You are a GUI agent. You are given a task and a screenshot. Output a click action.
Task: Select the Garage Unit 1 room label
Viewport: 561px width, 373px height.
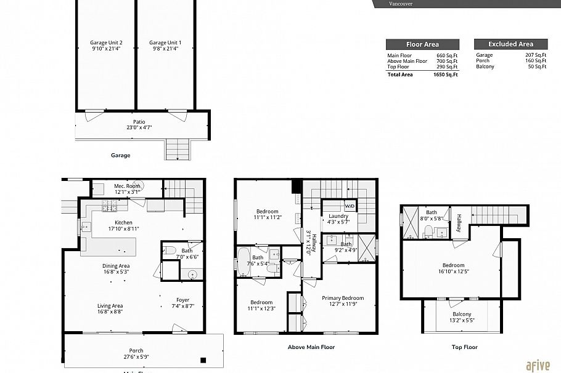165,43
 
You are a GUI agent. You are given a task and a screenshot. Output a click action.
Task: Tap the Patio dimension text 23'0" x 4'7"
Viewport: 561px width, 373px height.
139,127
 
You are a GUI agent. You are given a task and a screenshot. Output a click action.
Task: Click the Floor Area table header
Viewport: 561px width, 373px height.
422,44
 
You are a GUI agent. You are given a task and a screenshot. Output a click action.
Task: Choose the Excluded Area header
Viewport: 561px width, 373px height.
510,44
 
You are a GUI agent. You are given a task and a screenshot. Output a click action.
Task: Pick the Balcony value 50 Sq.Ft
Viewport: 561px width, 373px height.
537,66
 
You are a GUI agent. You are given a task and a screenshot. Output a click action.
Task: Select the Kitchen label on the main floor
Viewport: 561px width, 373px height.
123,223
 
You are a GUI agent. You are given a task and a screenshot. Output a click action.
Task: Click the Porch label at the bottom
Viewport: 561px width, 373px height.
136,351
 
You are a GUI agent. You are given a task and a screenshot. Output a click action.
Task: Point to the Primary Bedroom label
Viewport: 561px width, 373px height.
343,298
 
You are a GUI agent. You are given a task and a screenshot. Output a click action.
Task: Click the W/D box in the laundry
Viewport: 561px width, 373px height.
350,206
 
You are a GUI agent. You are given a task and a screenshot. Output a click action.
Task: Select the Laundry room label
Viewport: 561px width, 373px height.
338,216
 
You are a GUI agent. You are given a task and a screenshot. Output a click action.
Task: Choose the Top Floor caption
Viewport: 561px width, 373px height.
464,347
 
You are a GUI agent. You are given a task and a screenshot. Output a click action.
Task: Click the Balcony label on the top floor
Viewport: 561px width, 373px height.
462,314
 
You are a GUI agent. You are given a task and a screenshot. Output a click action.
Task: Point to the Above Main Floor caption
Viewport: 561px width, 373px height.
311,347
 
